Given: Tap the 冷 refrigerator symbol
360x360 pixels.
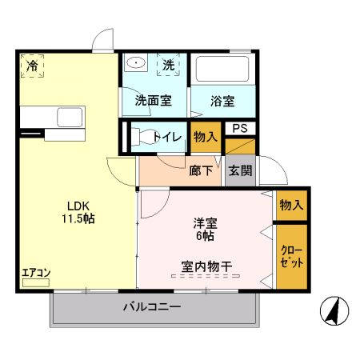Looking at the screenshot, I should click(32, 66).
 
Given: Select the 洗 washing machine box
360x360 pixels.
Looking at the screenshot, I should click(170, 66).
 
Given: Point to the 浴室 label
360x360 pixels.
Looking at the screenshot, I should click(222, 102).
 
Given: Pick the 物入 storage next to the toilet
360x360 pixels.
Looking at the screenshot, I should click(206, 138).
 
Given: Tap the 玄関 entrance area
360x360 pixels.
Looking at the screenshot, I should click(239, 170).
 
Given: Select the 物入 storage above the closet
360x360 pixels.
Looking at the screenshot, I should click(290, 206).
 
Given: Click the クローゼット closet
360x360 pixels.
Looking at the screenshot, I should click(290, 257).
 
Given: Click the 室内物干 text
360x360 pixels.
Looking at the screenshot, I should click(206, 265).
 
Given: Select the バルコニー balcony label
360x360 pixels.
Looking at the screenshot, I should click(152, 307).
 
